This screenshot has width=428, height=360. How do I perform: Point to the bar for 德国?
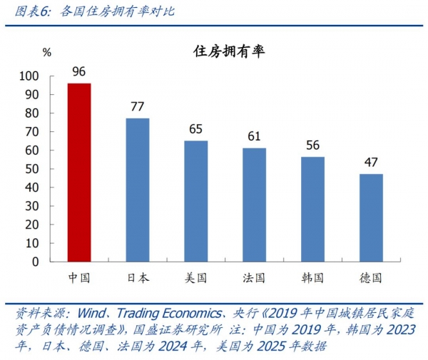(371, 217)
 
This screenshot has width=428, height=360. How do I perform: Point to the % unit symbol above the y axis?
(47, 52)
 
